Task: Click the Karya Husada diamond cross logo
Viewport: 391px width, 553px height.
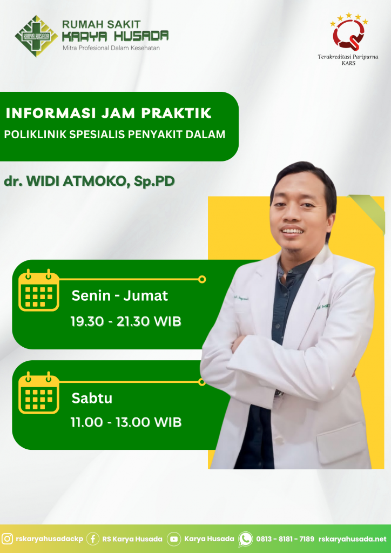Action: point(36,36)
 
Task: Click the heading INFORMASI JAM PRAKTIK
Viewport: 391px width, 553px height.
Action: point(109,113)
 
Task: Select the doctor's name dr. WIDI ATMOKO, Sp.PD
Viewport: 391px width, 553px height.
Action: point(89,181)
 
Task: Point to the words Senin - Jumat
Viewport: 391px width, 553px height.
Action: point(120,295)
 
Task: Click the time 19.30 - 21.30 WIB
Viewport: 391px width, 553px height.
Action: point(126,321)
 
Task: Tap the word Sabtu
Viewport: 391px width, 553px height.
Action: point(92,398)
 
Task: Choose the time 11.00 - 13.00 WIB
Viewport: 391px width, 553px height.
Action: point(126,422)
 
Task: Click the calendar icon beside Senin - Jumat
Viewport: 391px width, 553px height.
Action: point(39,290)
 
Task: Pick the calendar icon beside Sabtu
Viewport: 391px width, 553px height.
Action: point(39,393)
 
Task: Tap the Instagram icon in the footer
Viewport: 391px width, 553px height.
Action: point(8,539)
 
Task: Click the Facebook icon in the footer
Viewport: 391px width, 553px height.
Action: point(93,539)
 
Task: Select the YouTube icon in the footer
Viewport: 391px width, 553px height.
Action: point(174,539)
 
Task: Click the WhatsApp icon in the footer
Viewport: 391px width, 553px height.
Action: point(245,539)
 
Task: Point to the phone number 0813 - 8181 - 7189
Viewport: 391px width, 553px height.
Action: point(285,539)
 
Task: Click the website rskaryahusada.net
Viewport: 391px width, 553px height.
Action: point(353,539)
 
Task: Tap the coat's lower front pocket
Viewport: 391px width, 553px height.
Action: point(342,439)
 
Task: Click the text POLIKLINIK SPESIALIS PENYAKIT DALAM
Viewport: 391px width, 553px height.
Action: point(114,134)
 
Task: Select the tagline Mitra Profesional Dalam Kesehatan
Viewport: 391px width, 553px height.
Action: point(111,48)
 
